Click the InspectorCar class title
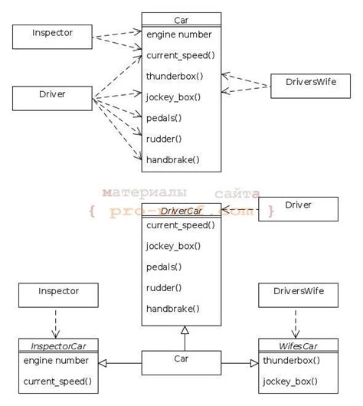pos(57,345)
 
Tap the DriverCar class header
pos(181,211)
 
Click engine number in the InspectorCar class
pos(56,360)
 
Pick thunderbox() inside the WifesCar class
pos(292,360)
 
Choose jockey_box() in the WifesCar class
pos(290,380)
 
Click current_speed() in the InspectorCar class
pos(57,380)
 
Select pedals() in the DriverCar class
pos(164,267)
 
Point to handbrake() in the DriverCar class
pos(172,308)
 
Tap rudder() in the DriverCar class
pos(164,287)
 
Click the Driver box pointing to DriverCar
pos(298,208)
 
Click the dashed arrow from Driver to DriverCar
pos(240,209)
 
